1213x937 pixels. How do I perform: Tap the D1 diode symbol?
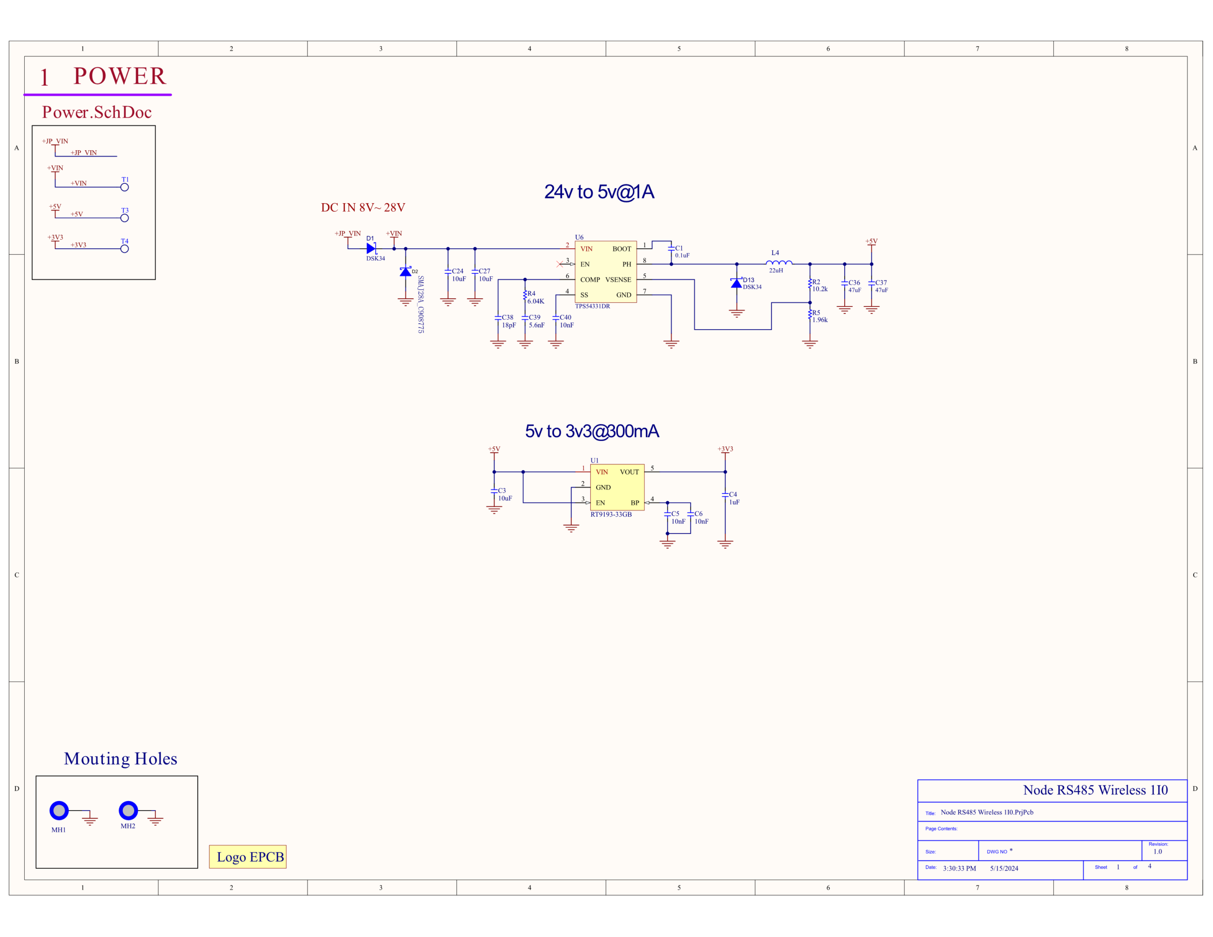(x=371, y=248)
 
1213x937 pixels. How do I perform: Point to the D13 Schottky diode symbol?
(x=736, y=283)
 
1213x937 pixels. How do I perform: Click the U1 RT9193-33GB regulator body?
(x=617, y=487)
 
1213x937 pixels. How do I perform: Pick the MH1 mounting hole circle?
(x=59, y=811)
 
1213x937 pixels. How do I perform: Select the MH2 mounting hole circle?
(x=128, y=811)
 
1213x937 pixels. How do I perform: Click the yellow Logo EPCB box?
(x=248, y=856)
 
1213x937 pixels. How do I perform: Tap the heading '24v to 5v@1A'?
(x=599, y=192)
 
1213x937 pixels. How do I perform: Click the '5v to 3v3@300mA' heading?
(x=592, y=431)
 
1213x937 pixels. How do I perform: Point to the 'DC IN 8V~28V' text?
(x=363, y=207)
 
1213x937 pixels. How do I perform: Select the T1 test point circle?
(x=125, y=187)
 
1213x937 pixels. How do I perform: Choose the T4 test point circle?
(x=125, y=249)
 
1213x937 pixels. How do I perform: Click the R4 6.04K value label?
(x=535, y=301)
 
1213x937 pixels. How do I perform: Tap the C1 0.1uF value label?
(x=682, y=255)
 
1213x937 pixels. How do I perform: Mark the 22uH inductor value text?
(x=776, y=270)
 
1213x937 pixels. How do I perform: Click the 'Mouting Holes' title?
(x=120, y=759)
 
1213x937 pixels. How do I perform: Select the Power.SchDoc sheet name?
(x=97, y=112)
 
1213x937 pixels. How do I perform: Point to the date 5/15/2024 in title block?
(x=1004, y=868)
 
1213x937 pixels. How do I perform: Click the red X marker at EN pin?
(x=560, y=264)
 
